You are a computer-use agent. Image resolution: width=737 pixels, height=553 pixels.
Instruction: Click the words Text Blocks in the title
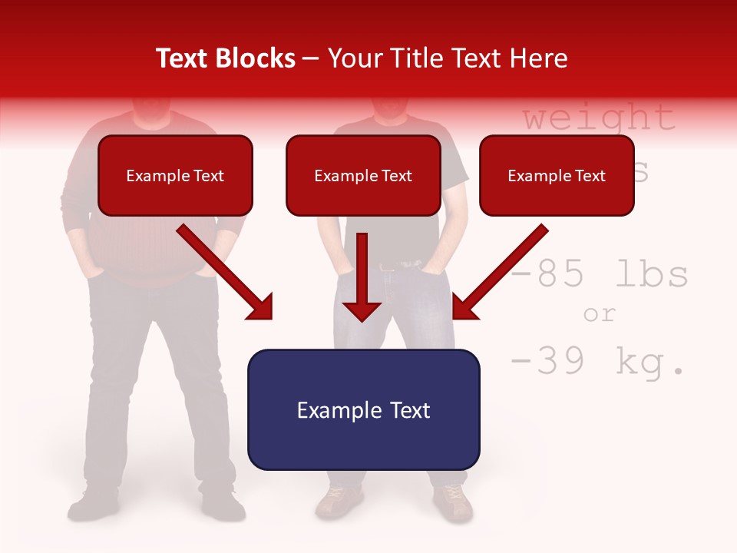(x=225, y=58)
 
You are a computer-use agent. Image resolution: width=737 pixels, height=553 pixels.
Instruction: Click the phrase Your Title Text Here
(x=448, y=58)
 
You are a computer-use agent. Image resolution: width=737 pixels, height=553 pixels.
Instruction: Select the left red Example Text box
(x=175, y=176)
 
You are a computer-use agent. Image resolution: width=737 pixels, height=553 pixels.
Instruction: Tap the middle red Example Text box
(x=363, y=176)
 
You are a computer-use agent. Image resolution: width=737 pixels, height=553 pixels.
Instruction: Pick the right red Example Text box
(x=557, y=176)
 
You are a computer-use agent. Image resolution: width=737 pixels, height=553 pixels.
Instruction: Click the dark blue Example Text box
(x=363, y=410)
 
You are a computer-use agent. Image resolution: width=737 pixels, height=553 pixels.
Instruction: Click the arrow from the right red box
(x=499, y=273)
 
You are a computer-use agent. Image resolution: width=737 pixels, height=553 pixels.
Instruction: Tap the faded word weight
(x=599, y=118)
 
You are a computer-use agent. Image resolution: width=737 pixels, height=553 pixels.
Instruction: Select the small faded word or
(x=599, y=314)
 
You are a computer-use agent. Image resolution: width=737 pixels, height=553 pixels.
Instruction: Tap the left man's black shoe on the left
(x=92, y=506)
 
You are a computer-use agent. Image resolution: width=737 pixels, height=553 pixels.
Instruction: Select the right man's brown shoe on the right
(x=453, y=501)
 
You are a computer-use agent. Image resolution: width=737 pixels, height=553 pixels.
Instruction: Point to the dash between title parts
(x=311, y=59)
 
